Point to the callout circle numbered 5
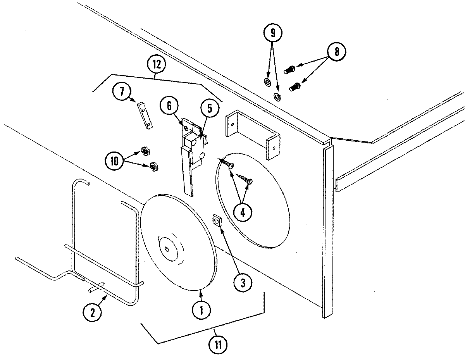coord(210,109)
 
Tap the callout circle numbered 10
coord(114,161)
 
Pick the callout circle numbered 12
coord(156,64)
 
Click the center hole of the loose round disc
coord(167,248)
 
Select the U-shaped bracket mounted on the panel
coord(252,134)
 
